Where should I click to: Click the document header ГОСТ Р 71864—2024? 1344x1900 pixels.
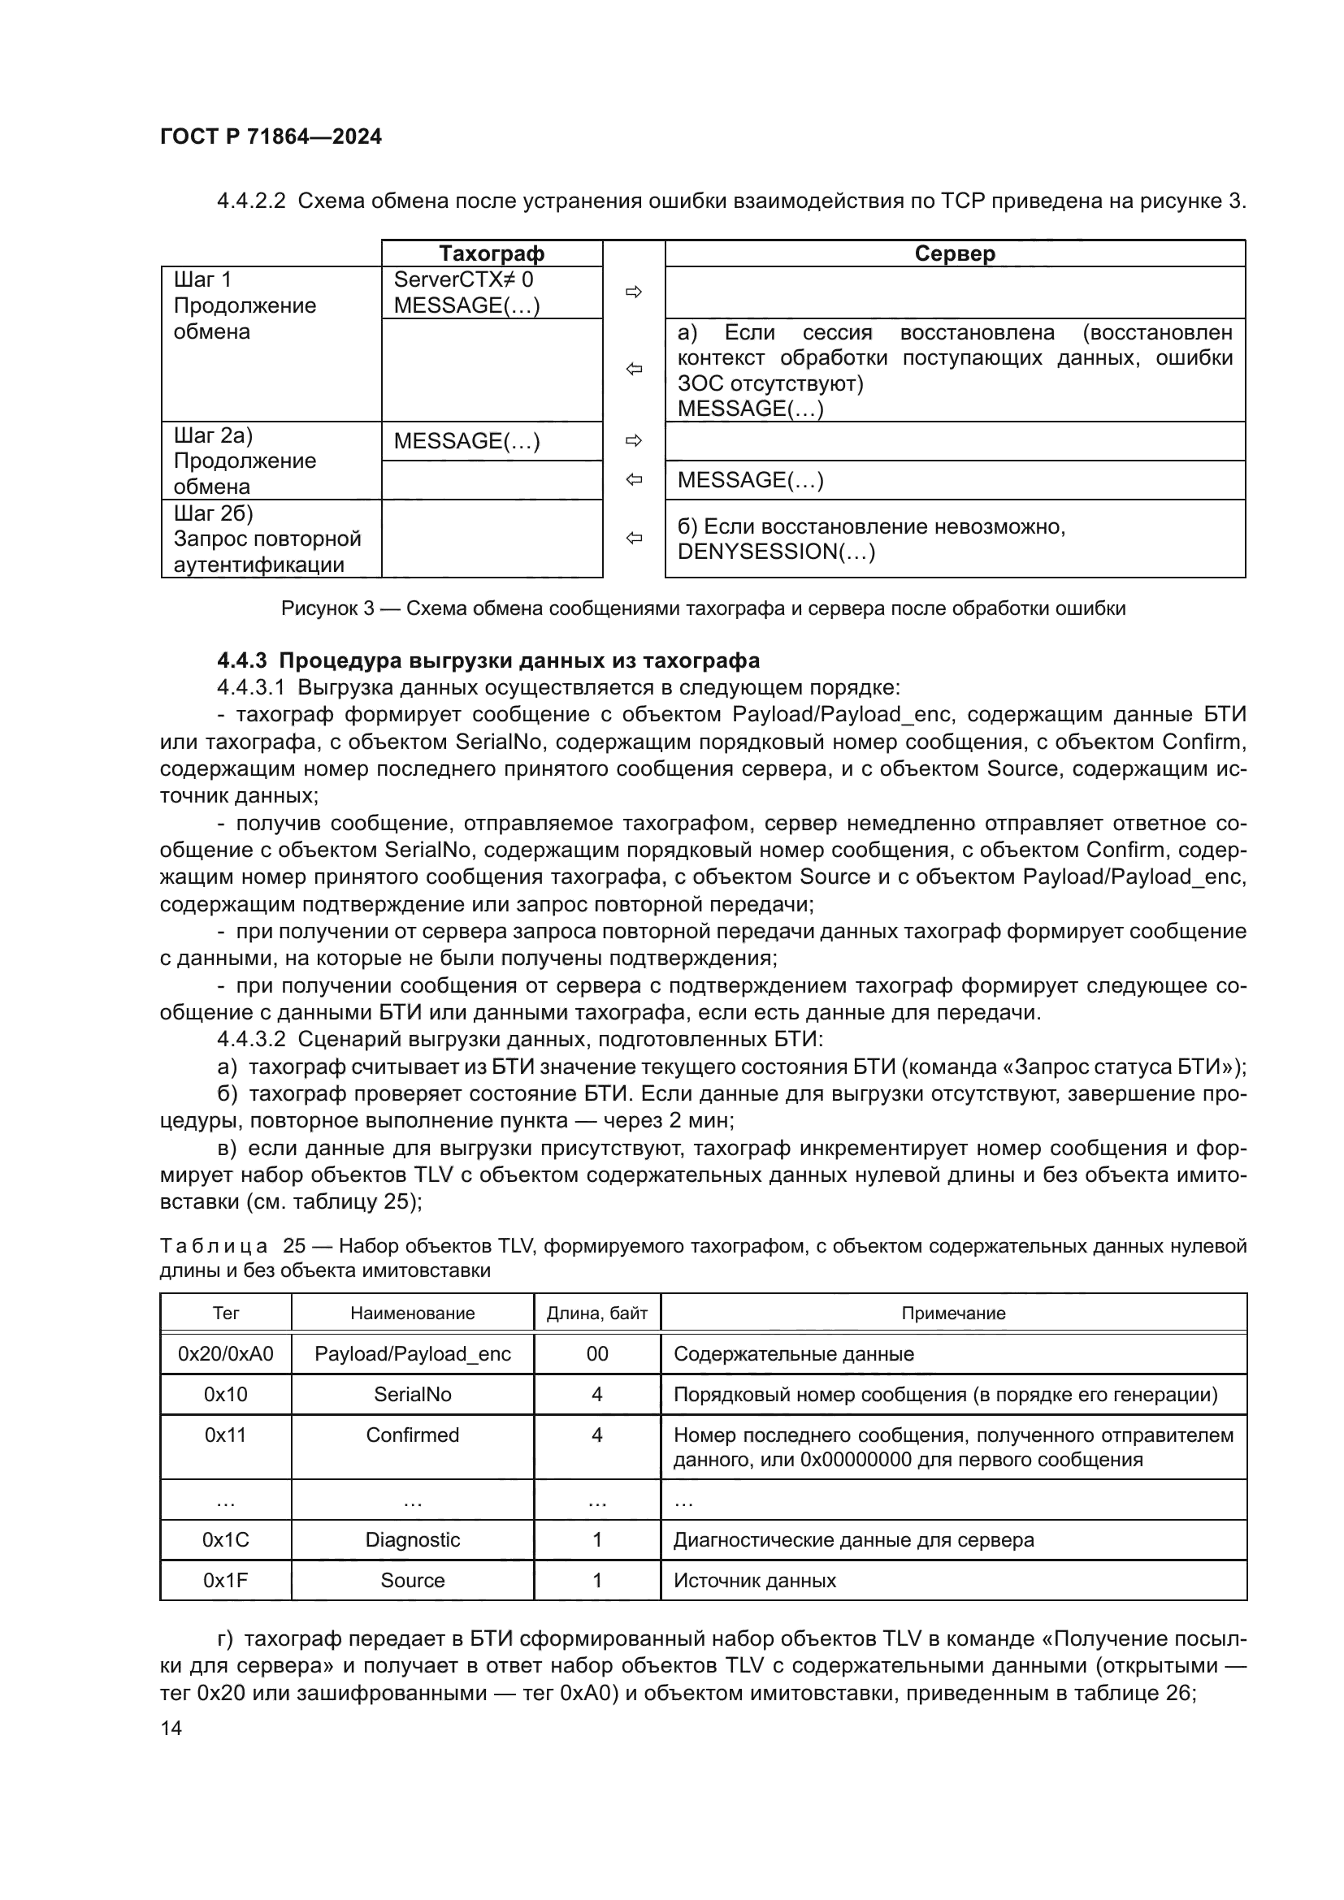271,136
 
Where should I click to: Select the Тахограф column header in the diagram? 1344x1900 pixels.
491,253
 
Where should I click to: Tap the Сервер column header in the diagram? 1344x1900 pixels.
954,253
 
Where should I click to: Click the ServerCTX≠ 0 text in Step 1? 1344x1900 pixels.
462,279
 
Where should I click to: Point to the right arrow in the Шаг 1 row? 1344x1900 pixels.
634,292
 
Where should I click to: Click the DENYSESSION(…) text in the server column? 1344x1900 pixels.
775,552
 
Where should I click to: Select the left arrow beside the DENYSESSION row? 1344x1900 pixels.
634,539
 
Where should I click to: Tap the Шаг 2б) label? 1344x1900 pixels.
213,513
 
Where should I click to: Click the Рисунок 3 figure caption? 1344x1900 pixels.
703,608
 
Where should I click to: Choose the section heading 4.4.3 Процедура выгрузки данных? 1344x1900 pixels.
488,660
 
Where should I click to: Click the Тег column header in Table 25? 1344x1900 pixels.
225,1314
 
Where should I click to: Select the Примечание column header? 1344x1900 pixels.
952,1314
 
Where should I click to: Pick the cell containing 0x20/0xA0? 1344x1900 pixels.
225,1354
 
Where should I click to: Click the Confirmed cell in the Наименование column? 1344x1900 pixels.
412,1435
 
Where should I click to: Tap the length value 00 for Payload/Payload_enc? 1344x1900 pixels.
596,1354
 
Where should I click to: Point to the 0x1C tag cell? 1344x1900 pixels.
225,1540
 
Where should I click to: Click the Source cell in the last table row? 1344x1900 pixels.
412,1581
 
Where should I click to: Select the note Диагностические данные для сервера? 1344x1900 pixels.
853,1540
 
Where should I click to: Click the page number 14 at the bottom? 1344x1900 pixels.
171,1728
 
